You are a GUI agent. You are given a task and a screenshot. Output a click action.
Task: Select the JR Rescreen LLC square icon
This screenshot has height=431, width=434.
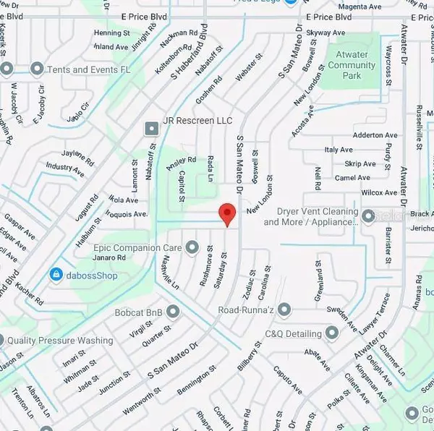point(151,129)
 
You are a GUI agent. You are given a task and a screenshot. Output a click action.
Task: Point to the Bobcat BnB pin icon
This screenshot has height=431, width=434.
point(173,312)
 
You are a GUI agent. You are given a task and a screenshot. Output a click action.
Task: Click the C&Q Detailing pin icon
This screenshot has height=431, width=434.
point(332,333)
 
